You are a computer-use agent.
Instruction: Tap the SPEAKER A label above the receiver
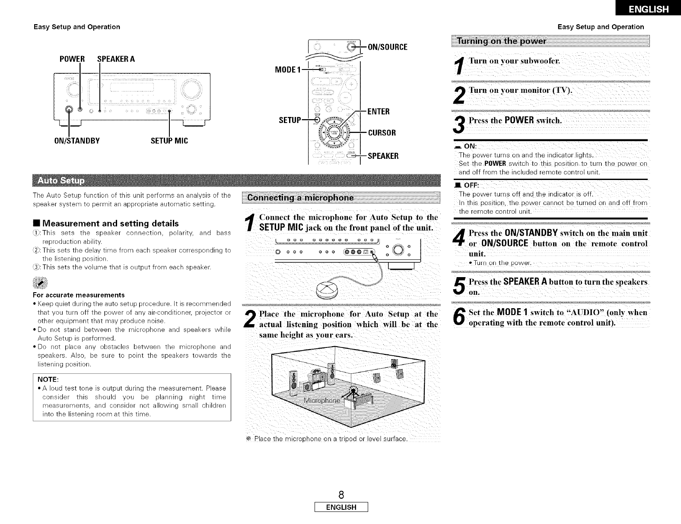tap(116, 59)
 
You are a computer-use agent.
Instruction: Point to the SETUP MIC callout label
tap(169, 140)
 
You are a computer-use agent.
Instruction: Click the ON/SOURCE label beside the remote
tap(387, 47)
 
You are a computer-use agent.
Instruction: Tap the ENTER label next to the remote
tap(379, 112)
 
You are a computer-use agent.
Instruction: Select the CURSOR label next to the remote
tap(381, 133)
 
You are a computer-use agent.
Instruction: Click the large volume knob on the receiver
tap(191, 89)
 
